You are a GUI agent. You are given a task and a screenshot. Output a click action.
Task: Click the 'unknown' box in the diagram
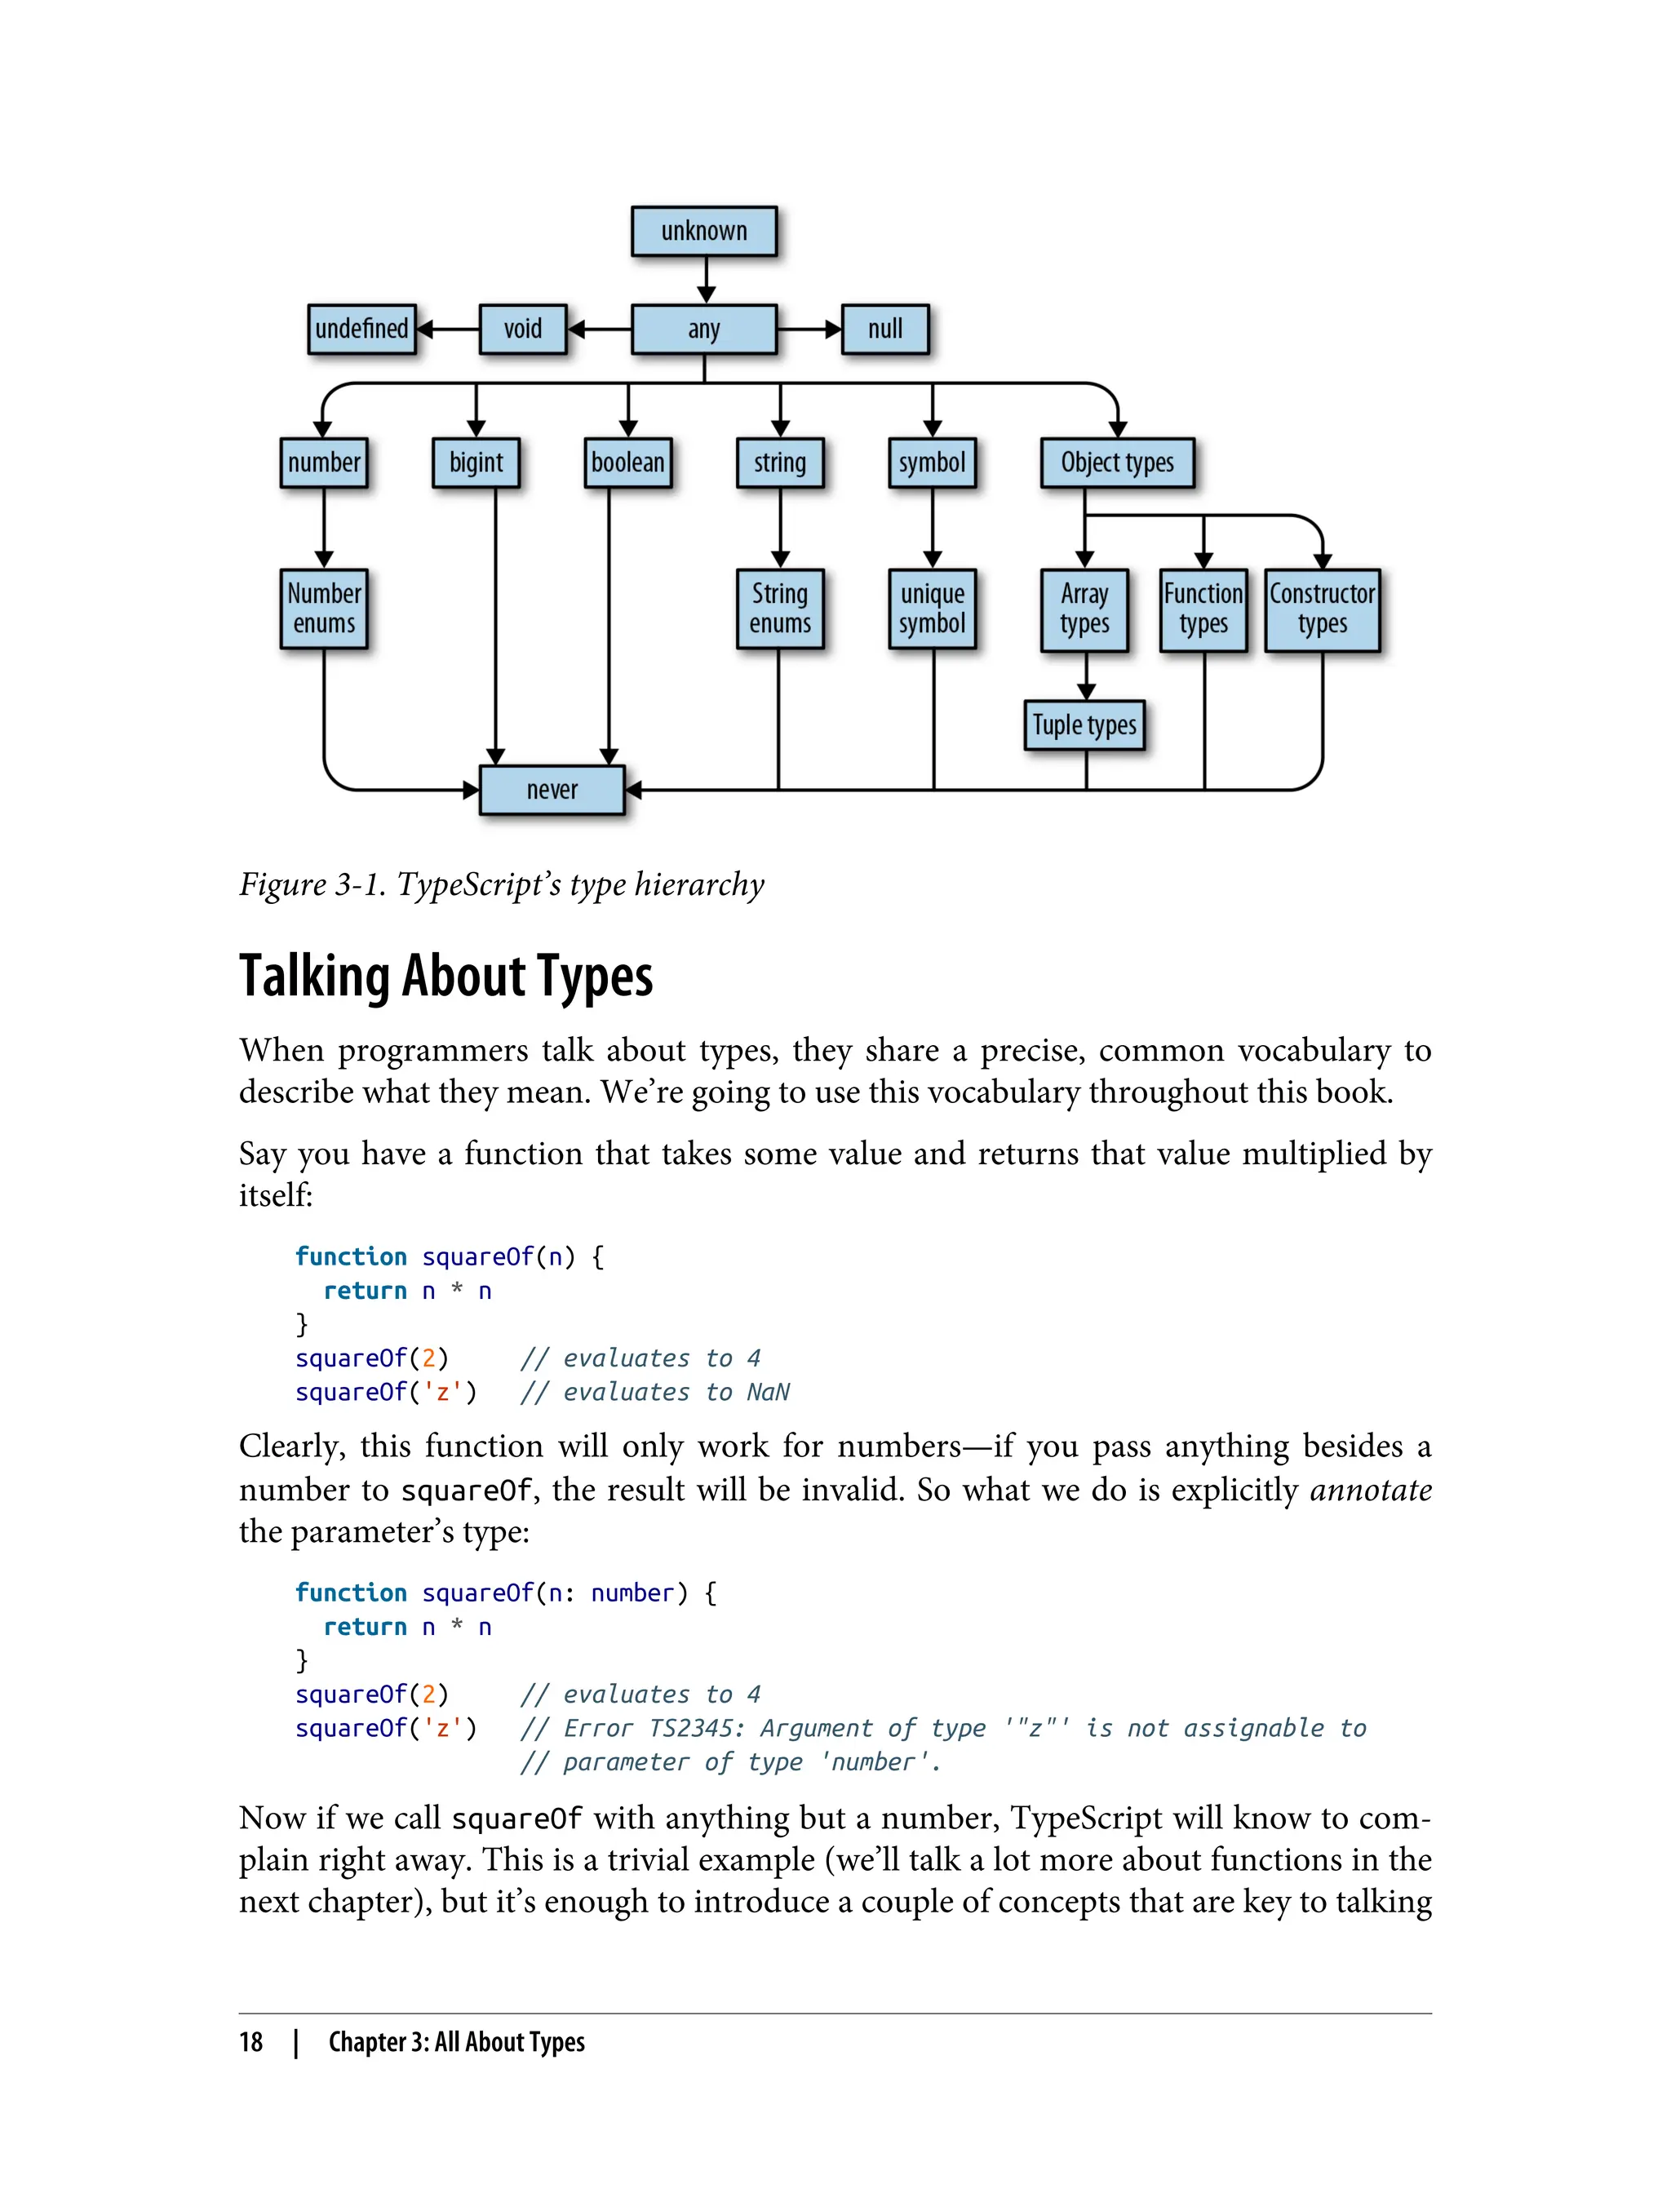pos(703,231)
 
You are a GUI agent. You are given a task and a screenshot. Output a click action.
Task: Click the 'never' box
pos(552,790)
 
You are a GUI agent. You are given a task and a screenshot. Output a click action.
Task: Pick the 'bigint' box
pos(476,463)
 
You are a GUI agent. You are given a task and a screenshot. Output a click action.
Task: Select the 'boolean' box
pos(627,463)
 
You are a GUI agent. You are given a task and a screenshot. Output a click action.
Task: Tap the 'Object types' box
pos(1117,463)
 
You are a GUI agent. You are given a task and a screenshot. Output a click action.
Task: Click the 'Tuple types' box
pos(1084,725)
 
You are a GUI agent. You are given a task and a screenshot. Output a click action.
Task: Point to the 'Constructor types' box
pos(1322,609)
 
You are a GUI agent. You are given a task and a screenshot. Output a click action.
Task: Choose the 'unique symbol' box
pos(932,609)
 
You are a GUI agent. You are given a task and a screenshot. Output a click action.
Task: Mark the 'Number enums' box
pos(324,609)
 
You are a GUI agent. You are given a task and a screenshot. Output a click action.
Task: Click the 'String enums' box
pos(780,609)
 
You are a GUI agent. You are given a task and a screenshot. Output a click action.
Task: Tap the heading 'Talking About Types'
pos(445,977)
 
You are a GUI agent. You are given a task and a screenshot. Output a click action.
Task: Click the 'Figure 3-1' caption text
pos(501,884)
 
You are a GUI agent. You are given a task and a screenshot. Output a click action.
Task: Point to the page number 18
pos(250,2042)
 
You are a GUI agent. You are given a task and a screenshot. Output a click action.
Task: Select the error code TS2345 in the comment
pos(695,1729)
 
